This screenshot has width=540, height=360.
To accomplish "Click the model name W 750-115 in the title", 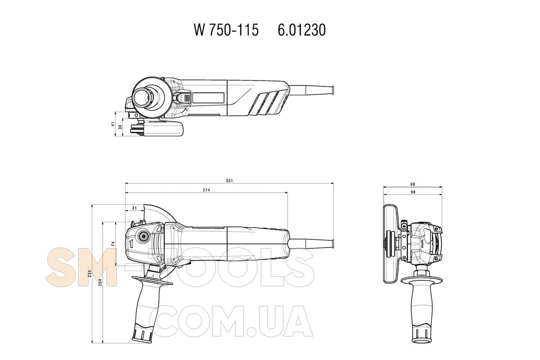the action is click(226, 30).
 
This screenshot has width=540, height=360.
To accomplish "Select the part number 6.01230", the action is click(301, 30).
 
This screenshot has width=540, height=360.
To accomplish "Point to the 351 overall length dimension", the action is click(229, 180).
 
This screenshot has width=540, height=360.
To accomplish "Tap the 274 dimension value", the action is click(207, 190).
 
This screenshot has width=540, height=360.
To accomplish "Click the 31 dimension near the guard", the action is click(134, 208).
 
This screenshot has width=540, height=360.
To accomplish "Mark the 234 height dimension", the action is click(90, 274).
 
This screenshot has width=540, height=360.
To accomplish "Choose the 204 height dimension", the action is click(100, 282).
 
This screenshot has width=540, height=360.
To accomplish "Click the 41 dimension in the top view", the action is click(112, 124).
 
